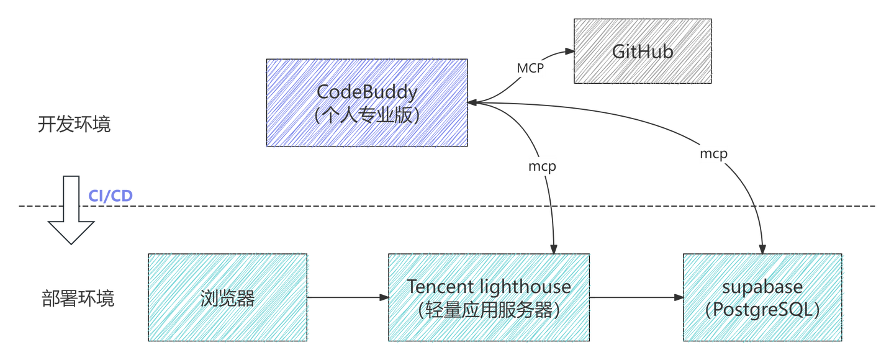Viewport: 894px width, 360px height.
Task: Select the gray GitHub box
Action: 643,51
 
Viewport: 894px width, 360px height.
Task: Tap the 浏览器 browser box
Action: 228,298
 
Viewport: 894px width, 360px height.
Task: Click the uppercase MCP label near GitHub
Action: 530,68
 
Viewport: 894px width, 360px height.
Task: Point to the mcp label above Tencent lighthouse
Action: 542,166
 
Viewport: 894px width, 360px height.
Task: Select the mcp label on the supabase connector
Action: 713,153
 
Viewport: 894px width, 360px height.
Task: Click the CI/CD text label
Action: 111,196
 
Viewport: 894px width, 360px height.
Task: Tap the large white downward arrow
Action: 71,211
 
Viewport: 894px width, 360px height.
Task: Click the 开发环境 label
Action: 74,125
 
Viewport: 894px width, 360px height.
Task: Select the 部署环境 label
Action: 77,299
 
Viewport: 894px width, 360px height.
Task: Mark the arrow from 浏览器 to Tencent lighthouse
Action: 348,298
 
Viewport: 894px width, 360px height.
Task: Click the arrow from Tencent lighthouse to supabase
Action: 636,298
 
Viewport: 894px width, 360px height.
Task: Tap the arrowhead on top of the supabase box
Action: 763,249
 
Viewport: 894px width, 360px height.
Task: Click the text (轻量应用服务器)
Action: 489,309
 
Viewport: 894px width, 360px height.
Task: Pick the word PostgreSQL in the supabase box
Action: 763,310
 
